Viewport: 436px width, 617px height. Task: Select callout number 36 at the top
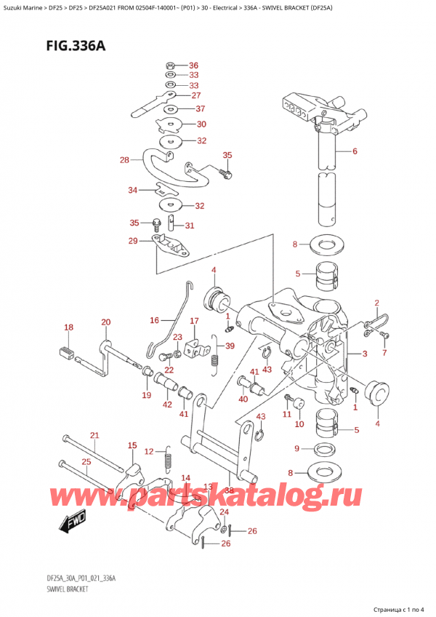point(193,64)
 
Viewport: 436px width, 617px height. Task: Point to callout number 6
point(354,151)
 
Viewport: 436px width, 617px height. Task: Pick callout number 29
point(133,241)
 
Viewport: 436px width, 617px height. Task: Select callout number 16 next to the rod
point(154,319)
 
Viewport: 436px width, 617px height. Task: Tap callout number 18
point(69,328)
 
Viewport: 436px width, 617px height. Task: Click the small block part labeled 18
point(67,354)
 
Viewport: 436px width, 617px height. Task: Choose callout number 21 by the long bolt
point(93,435)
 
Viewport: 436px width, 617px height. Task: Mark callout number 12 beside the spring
point(149,452)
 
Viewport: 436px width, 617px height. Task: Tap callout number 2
point(376,303)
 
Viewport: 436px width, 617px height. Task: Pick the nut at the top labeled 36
point(169,65)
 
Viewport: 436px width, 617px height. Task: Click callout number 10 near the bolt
point(297,423)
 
